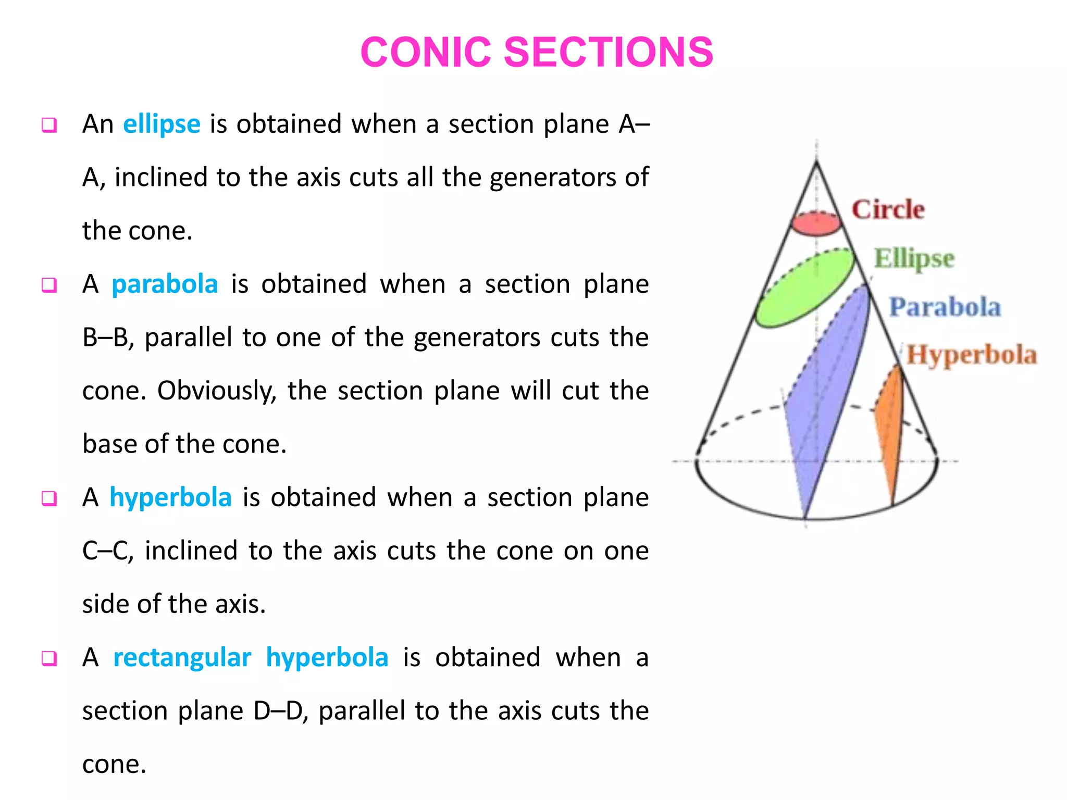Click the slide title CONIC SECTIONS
coord(537,52)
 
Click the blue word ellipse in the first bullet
coord(162,124)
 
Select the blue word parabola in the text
coord(165,284)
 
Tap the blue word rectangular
coord(182,657)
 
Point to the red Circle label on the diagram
coord(888,209)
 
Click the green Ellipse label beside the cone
coord(914,258)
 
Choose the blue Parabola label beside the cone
coord(945,307)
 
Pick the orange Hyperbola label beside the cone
coord(972,355)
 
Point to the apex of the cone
coord(816,162)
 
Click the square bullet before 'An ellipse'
coord(49,126)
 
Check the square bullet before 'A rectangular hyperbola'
coord(49,658)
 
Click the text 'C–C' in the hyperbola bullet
coord(108,551)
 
